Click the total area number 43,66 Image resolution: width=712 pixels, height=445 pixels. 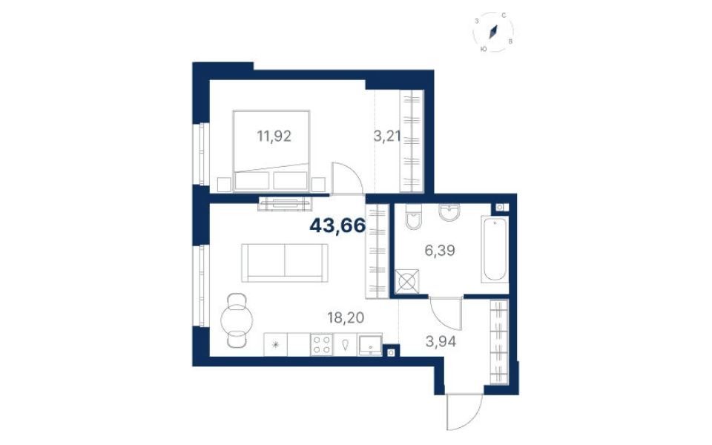[x=337, y=225]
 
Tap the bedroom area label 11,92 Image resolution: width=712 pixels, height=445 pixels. [x=274, y=136]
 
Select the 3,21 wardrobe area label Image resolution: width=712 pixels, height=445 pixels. [x=387, y=136]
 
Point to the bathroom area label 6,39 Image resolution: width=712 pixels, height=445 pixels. [x=440, y=250]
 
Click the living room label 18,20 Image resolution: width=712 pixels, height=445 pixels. [x=346, y=317]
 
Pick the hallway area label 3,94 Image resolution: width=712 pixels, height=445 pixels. [x=441, y=341]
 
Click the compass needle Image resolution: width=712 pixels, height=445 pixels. [x=494, y=31]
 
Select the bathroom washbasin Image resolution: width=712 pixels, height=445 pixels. [x=449, y=212]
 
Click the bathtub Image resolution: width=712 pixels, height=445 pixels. [x=495, y=249]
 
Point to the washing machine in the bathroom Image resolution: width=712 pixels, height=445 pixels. [x=406, y=282]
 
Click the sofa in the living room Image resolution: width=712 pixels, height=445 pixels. [x=285, y=263]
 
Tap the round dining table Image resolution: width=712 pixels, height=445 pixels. [x=236, y=320]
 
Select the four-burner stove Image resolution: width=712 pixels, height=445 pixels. [x=322, y=344]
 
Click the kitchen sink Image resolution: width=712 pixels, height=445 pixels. [x=369, y=345]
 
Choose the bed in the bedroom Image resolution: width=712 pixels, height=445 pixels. [x=271, y=151]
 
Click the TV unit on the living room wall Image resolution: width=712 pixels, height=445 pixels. [x=285, y=203]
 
